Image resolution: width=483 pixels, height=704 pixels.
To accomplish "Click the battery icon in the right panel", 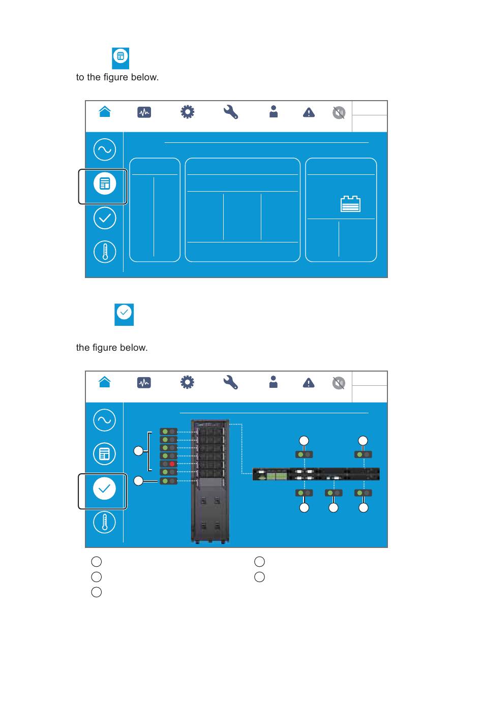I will pyautogui.click(x=350, y=204).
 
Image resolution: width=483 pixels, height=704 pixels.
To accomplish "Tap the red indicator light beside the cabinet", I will pyautogui.click(x=172, y=464).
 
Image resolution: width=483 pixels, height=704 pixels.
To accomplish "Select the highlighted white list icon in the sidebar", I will pyautogui.click(x=105, y=183).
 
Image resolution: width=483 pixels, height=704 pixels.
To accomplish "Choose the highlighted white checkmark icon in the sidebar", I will pyautogui.click(x=104, y=488).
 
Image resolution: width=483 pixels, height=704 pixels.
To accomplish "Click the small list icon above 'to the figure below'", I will pyautogui.click(x=120, y=56).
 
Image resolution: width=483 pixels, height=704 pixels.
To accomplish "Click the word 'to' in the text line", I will pyautogui.click(x=80, y=77).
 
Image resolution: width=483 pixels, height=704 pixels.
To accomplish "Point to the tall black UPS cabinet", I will pyautogui.click(x=210, y=480).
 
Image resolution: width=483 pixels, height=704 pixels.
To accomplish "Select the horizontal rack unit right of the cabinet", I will pyautogui.click(x=316, y=474).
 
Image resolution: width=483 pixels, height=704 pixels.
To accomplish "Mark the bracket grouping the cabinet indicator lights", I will pyautogui.click(x=149, y=451).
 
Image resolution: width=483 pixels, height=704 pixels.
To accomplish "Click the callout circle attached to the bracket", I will pyautogui.click(x=138, y=451).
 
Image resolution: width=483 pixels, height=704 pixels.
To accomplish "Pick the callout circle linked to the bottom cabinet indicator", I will pyautogui.click(x=138, y=480).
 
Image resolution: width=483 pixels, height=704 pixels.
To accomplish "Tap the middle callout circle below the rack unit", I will pyautogui.click(x=334, y=507).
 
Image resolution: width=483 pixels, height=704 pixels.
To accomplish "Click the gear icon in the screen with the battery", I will pyautogui.click(x=187, y=112).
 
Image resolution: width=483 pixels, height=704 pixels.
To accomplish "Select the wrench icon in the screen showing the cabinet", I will pyautogui.click(x=231, y=382).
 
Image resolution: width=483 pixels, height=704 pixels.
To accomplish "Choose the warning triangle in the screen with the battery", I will pyautogui.click(x=309, y=112).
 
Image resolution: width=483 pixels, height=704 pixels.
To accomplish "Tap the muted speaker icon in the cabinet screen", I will pyautogui.click(x=339, y=383).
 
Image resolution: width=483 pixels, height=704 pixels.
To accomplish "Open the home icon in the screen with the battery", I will pyautogui.click(x=105, y=112).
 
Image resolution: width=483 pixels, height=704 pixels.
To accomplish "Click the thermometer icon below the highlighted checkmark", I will pyautogui.click(x=105, y=522).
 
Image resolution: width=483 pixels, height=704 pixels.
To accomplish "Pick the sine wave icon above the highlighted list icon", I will pyautogui.click(x=105, y=149).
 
